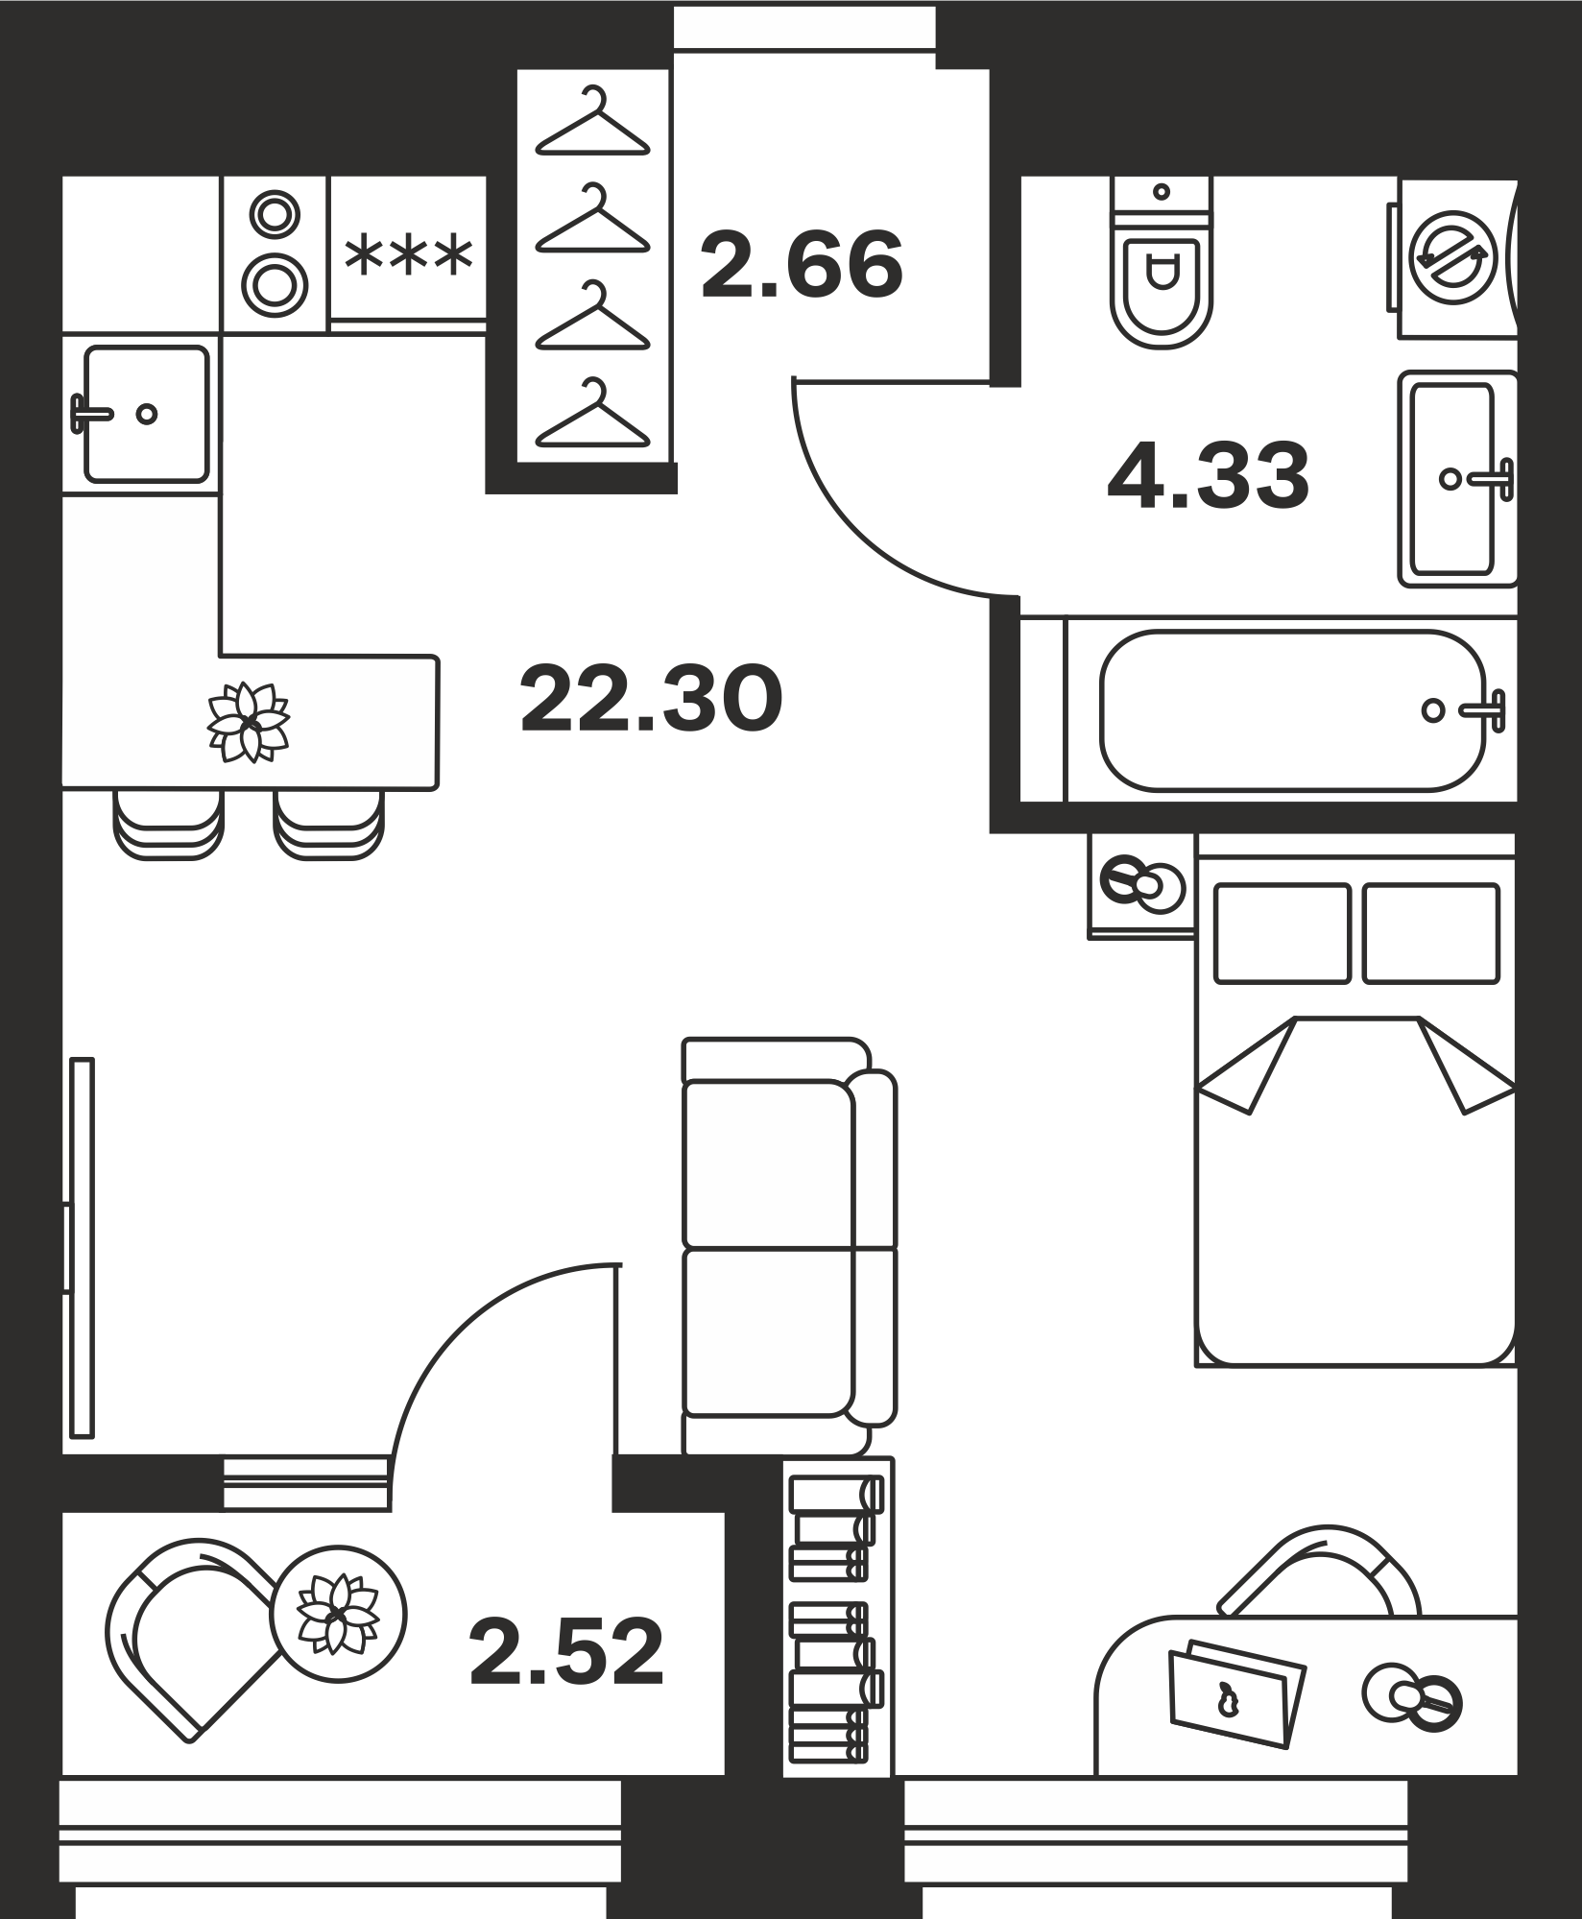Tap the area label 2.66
pos(803,264)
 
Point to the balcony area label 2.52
pos(567,1652)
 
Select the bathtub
pos(1294,710)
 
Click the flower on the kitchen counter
pos(249,723)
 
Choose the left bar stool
pos(168,823)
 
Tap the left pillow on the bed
pos(1282,933)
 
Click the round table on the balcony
pos(338,1614)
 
